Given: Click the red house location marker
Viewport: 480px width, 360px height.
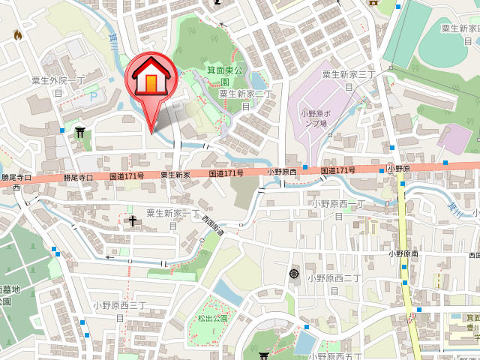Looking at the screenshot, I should [151, 79].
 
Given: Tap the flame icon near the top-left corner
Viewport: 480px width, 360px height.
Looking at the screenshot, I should [18, 34].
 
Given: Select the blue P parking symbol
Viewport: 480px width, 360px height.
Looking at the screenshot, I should [92, 97].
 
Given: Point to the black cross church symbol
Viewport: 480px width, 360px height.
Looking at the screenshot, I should [133, 220].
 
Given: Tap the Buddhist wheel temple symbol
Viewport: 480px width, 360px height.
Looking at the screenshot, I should [293, 274].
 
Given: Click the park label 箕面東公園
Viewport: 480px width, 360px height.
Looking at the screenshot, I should [225, 76].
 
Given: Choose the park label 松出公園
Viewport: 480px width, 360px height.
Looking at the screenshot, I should [212, 318].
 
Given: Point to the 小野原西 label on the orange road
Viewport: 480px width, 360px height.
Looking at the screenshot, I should [282, 172].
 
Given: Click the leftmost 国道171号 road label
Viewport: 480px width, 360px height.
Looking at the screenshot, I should [126, 176].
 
